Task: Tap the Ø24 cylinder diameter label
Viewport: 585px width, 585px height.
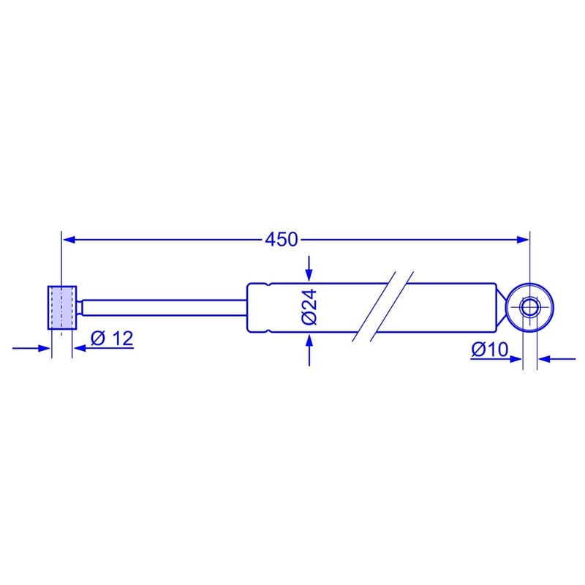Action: (309, 308)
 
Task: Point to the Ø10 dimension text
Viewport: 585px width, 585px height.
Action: (489, 350)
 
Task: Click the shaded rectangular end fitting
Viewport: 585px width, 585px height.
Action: (61, 306)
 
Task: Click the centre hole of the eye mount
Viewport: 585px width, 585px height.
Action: (529, 307)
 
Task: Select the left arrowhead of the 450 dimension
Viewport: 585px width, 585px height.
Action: (68, 238)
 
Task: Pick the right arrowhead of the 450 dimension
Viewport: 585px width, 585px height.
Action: (522, 238)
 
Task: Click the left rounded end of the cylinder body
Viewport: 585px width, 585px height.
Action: (250, 307)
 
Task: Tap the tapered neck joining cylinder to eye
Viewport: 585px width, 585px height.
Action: (503, 307)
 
